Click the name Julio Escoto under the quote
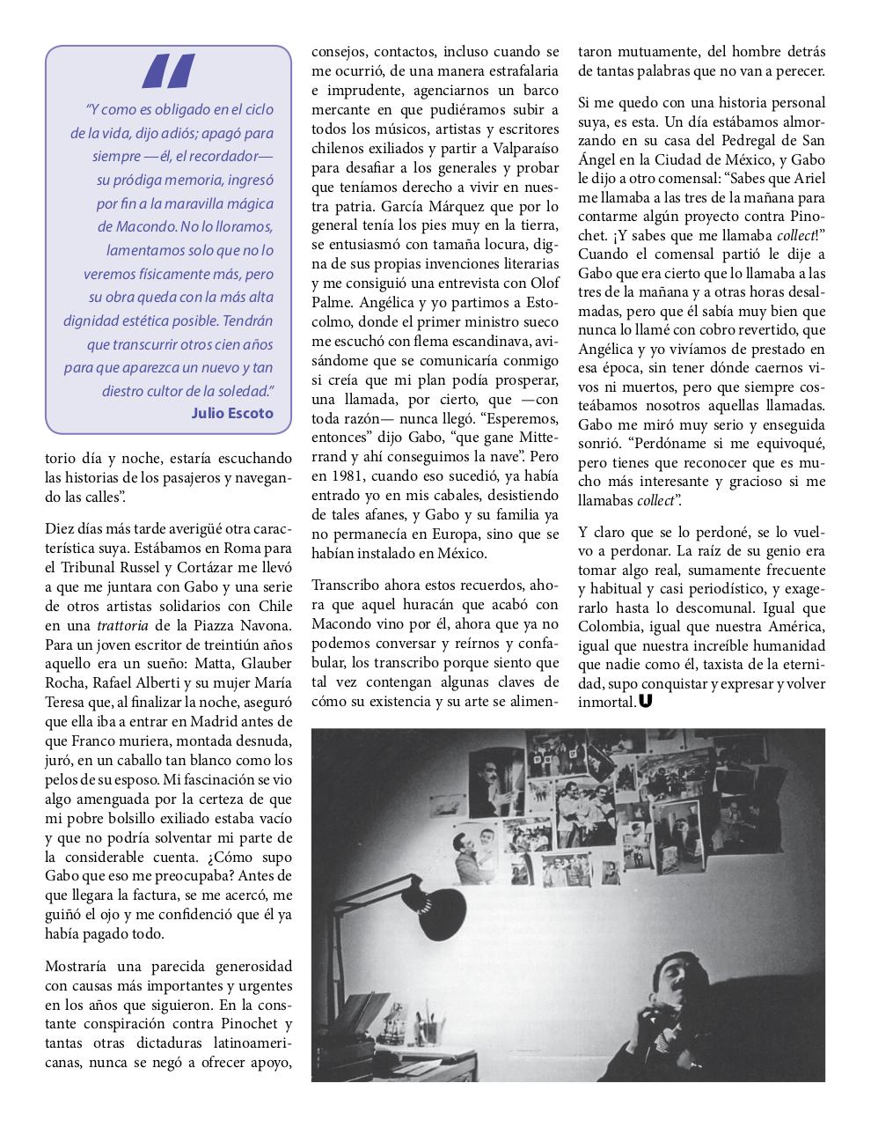pos(231,413)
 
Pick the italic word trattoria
pos(145,625)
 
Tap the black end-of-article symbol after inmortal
pos(647,703)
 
